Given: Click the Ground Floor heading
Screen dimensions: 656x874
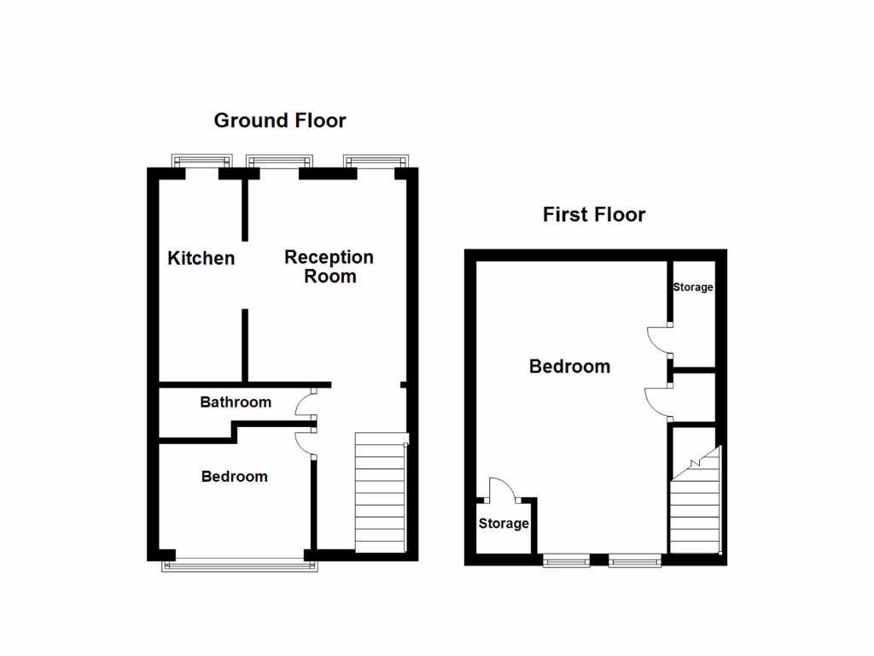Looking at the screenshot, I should click(x=280, y=120).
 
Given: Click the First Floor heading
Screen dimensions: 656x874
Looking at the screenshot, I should click(x=594, y=214).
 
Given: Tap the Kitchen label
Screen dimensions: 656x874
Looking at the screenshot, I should click(x=201, y=258).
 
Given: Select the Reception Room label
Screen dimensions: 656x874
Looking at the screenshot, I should click(x=329, y=266).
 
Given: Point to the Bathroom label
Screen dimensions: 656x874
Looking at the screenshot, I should click(x=236, y=402).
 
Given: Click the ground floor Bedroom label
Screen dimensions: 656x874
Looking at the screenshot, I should click(x=235, y=477).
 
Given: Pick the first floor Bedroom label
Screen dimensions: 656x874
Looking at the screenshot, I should click(x=569, y=367).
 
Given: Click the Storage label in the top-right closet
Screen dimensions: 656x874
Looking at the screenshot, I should click(x=692, y=288).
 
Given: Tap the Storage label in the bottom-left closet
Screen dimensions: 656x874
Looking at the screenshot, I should click(x=504, y=524).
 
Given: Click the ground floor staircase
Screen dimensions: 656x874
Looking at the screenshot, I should click(x=379, y=494).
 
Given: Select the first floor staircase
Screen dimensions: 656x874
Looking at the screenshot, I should click(x=696, y=504).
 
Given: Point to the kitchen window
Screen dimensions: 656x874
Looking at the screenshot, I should click(x=202, y=161).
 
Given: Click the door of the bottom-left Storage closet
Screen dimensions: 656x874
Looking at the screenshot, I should click(x=501, y=489).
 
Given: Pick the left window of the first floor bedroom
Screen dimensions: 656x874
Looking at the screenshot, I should click(x=567, y=560).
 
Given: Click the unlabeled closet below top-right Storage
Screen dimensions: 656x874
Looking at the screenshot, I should click(x=693, y=398).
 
